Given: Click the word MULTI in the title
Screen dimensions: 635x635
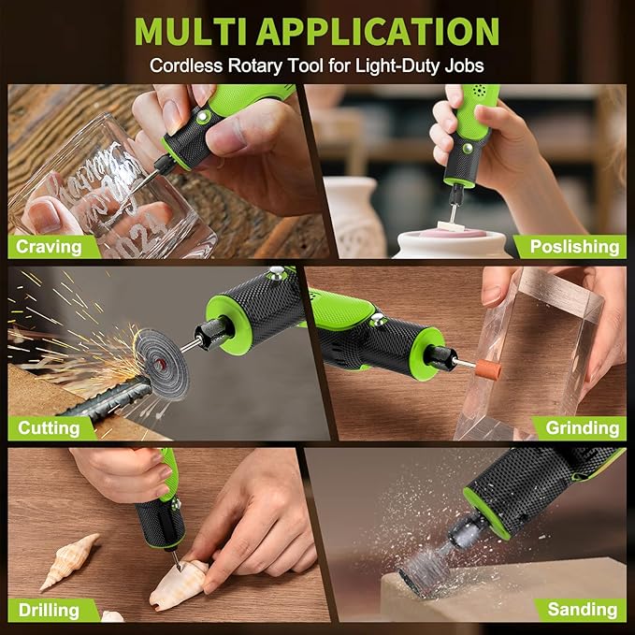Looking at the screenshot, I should coord(191,31).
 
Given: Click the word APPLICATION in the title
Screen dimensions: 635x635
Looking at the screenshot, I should coord(378,31).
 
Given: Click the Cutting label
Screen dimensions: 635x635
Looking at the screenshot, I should coord(49,428).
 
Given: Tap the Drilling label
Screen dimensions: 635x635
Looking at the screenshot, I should coord(49,610).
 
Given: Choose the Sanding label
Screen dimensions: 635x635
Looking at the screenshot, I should coord(582,610).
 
